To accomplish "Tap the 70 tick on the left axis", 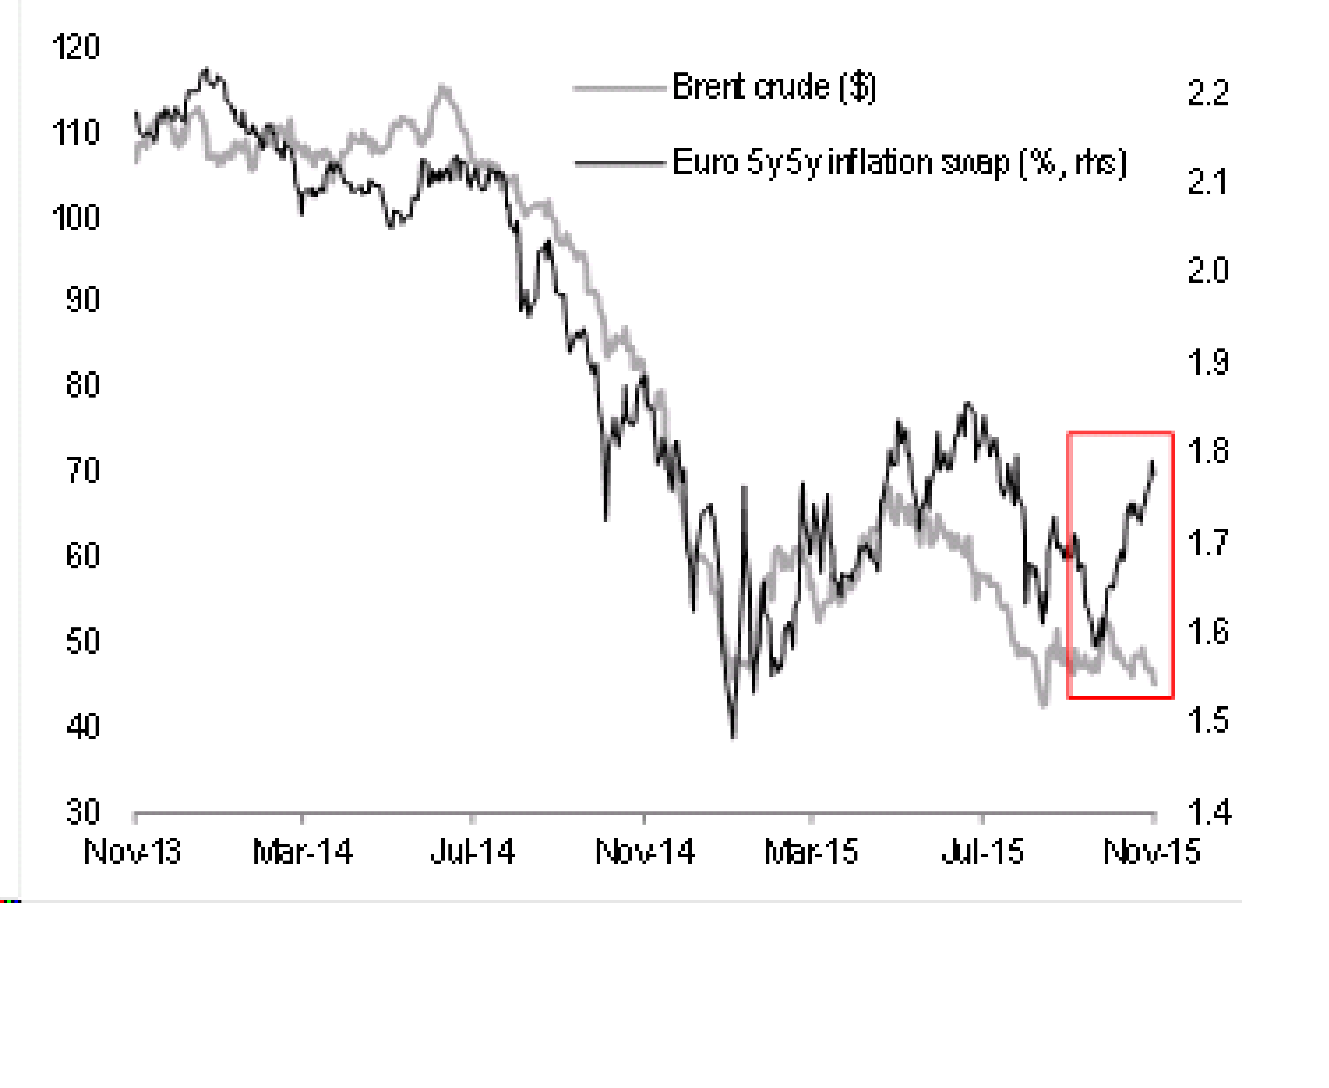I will (83, 471).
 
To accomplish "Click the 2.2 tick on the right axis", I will (1208, 93).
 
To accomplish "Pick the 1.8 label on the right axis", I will (1208, 451).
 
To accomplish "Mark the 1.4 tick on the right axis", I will (1208, 812).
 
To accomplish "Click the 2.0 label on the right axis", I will (1208, 271).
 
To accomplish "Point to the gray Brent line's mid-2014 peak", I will (443, 86).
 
